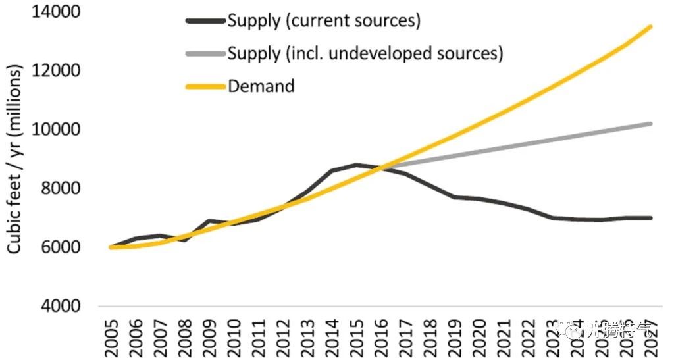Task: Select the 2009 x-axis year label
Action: tap(210, 336)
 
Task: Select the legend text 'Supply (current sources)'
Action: tap(324, 20)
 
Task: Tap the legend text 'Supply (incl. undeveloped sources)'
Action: tap(365, 53)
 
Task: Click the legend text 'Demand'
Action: tap(261, 86)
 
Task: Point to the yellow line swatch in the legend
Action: tap(206, 86)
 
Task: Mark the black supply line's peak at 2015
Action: tap(355, 165)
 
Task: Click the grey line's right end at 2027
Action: tap(651, 124)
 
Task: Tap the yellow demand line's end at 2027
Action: tap(651, 27)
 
